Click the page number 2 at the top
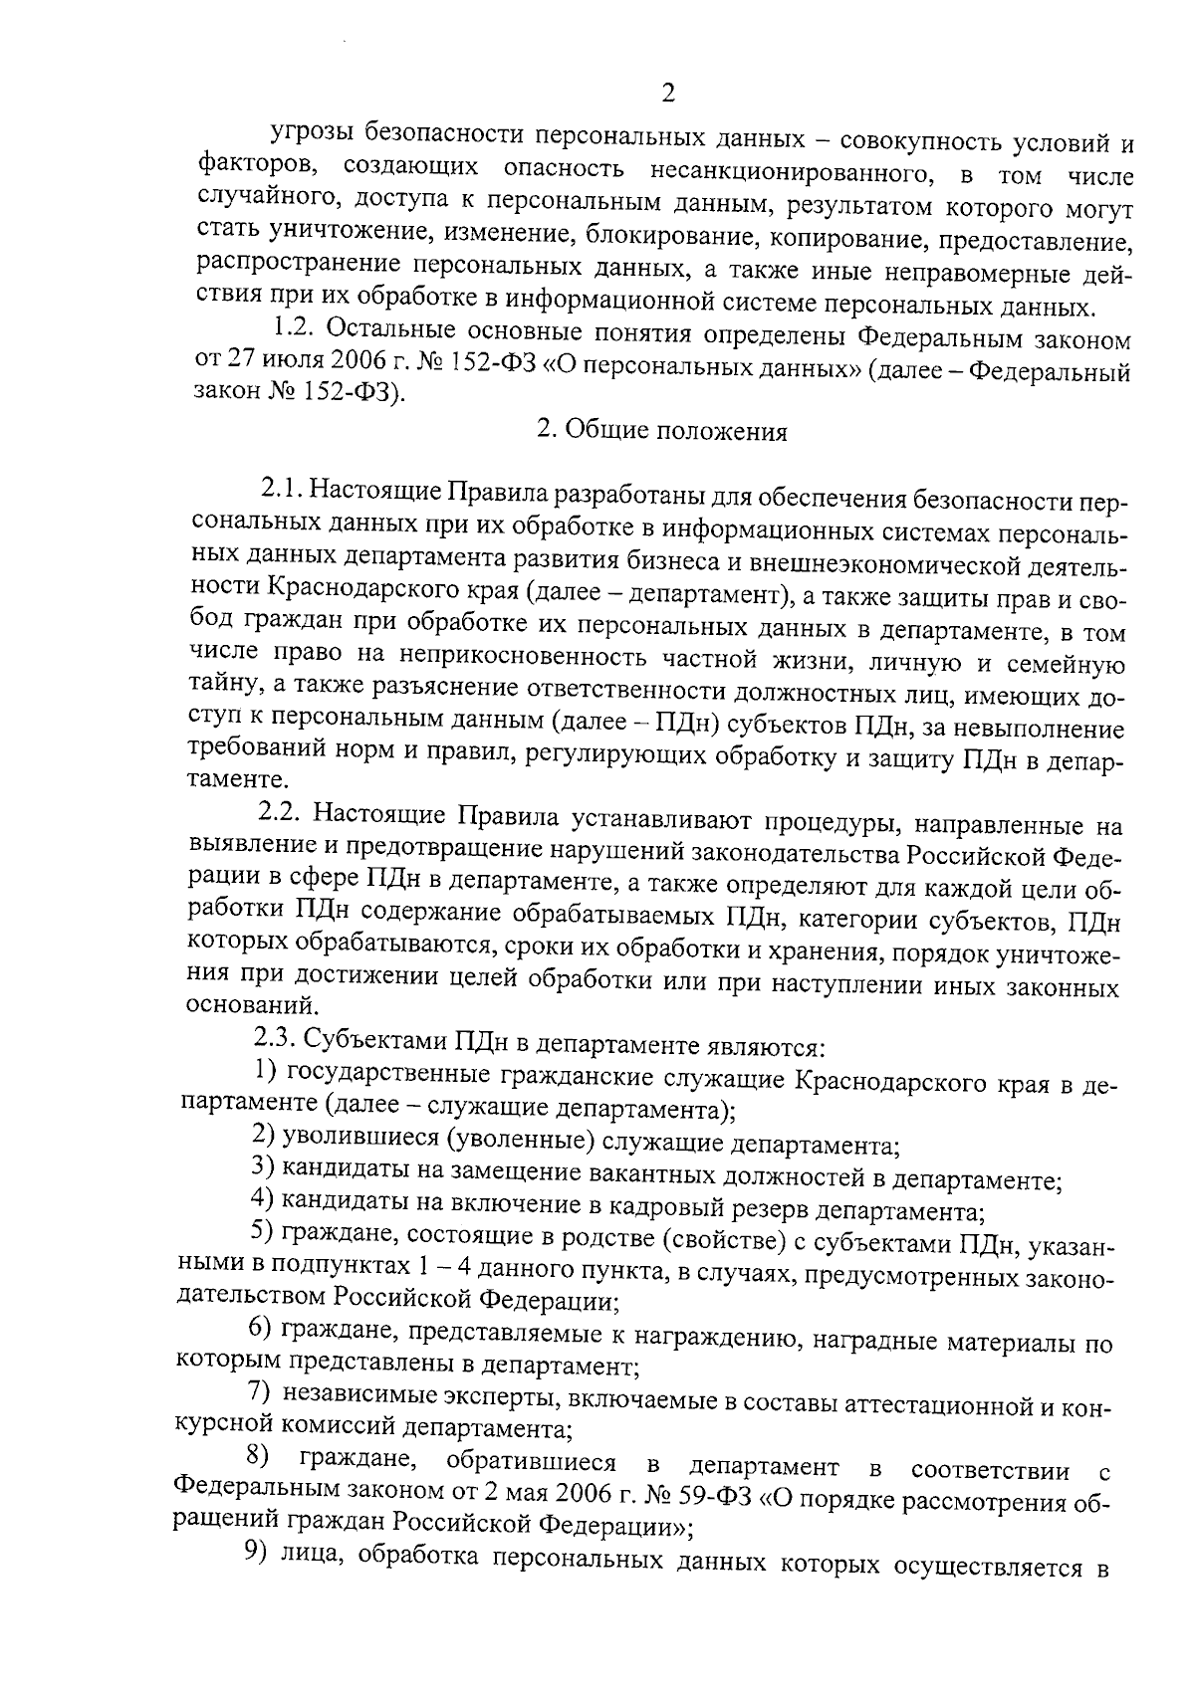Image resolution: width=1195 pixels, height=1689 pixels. click(668, 96)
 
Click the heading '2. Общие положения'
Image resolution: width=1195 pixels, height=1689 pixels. click(661, 432)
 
